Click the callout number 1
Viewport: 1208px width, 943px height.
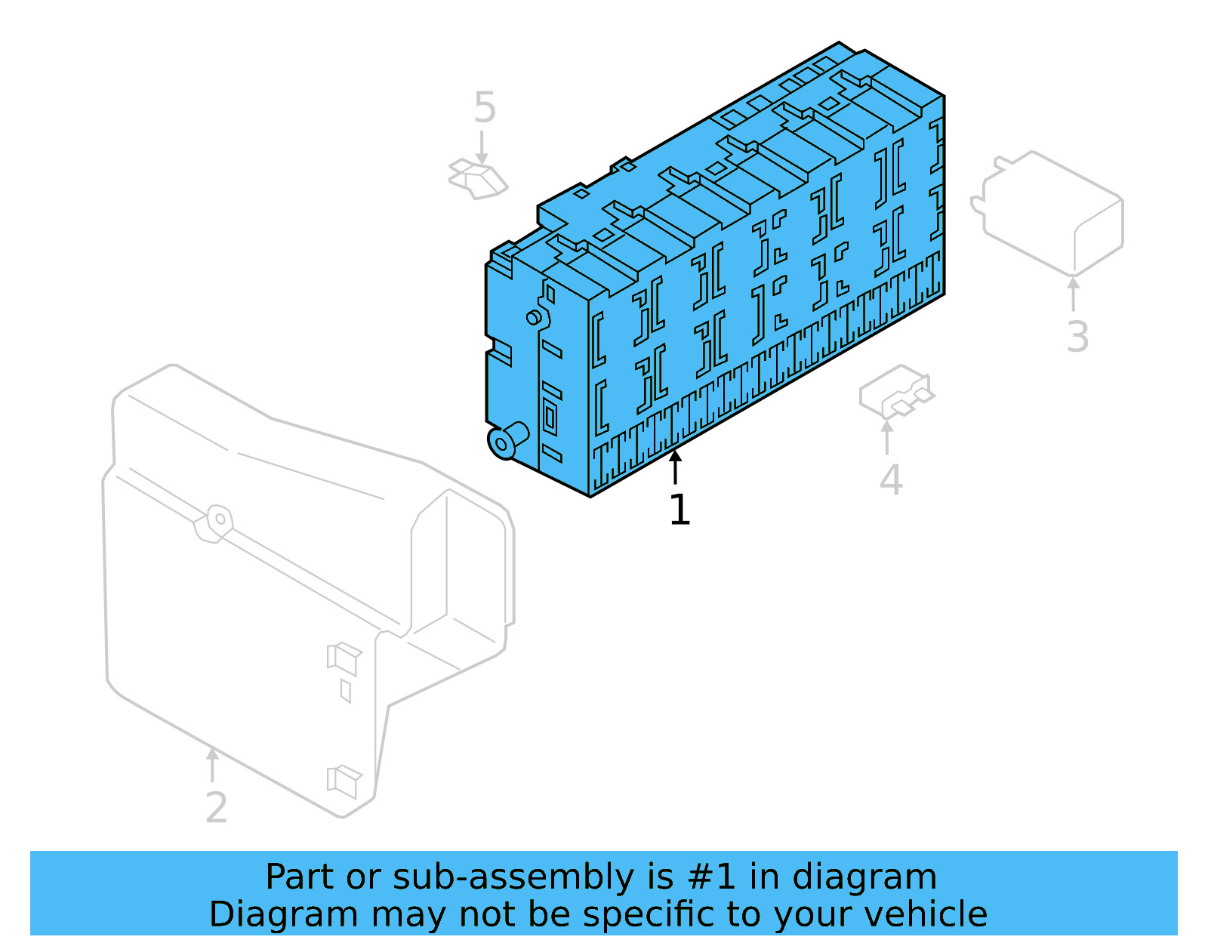tap(679, 510)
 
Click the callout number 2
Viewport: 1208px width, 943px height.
tap(216, 809)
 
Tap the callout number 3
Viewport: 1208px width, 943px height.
tap(1077, 337)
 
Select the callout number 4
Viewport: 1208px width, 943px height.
tap(891, 480)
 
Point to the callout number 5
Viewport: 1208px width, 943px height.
tap(485, 108)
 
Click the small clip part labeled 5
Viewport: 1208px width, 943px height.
tap(479, 179)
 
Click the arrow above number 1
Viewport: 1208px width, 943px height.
tap(676, 466)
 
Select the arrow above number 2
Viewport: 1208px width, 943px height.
tap(213, 764)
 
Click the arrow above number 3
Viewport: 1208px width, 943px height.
tap(1073, 294)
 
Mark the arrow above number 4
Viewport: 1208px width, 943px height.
tap(887, 437)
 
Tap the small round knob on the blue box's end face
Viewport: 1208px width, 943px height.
tap(535, 317)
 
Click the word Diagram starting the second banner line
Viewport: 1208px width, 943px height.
tap(283, 914)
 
